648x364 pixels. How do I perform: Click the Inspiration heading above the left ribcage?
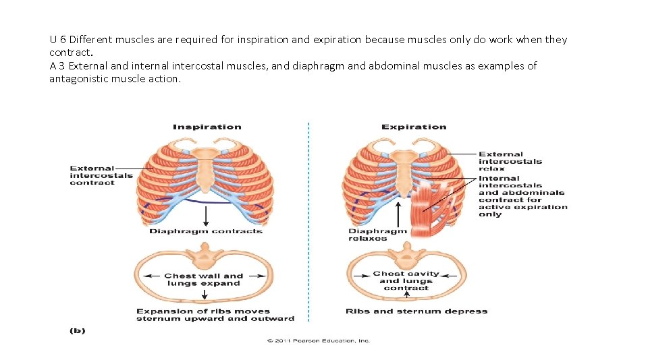point(207,127)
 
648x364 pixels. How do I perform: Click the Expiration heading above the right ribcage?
point(414,127)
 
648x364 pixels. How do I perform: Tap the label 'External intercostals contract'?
point(92,175)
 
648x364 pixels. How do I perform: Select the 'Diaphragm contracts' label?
point(206,231)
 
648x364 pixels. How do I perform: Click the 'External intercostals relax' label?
point(510,161)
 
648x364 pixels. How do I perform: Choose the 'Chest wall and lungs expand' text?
point(203,279)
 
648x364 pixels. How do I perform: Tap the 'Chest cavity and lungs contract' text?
point(406,280)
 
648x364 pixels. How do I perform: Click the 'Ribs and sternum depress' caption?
point(416,311)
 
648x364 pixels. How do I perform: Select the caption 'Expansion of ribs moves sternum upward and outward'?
point(215,315)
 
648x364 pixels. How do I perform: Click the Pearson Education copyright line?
point(319,341)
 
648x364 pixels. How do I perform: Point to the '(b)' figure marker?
point(78,331)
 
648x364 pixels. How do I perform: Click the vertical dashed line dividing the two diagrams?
point(308,222)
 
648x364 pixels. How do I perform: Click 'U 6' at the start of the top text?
point(57,40)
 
